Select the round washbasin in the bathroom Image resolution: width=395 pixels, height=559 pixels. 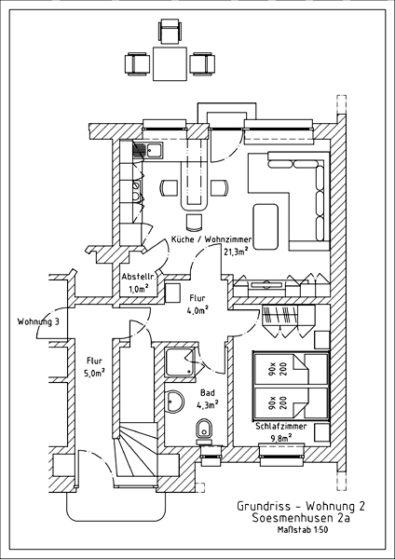174,402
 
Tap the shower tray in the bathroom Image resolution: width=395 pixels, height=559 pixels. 180,361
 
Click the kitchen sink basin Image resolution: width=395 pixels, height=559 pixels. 155,150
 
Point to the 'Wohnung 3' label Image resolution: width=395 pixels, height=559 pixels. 38,322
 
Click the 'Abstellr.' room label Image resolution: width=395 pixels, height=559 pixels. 134,277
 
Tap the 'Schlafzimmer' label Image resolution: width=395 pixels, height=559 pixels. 281,427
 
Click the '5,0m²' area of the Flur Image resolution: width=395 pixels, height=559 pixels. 94,373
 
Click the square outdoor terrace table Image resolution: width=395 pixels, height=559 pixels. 170,63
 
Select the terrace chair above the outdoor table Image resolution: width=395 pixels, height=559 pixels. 170,32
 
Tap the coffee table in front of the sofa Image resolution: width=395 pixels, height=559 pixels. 266,226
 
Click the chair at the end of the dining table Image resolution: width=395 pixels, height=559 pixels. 194,222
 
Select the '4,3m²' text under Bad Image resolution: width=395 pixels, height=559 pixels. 208,404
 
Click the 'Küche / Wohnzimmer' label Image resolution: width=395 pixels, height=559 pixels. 211,239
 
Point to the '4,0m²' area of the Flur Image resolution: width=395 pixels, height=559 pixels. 197,310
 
